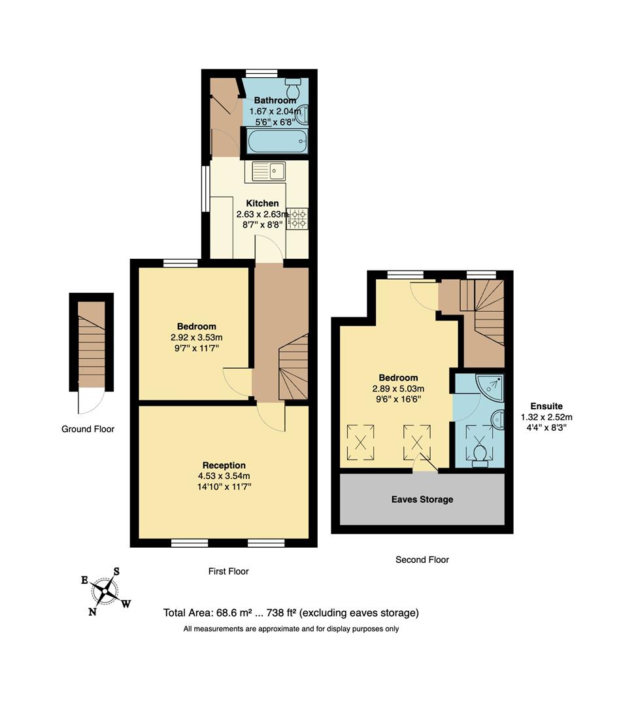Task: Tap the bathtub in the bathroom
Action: [276, 140]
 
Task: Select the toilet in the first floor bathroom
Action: [293, 87]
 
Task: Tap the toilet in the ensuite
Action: [481, 452]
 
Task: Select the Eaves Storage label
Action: [422, 499]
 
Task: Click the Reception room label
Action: [224, 465]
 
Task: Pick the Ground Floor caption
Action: [88, 429]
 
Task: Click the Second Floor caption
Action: [422, 560]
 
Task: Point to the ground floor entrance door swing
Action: [90, 401]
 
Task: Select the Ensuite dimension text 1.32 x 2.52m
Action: [546, 417]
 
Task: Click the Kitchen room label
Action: [262, 203]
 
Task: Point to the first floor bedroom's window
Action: [180, 263]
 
